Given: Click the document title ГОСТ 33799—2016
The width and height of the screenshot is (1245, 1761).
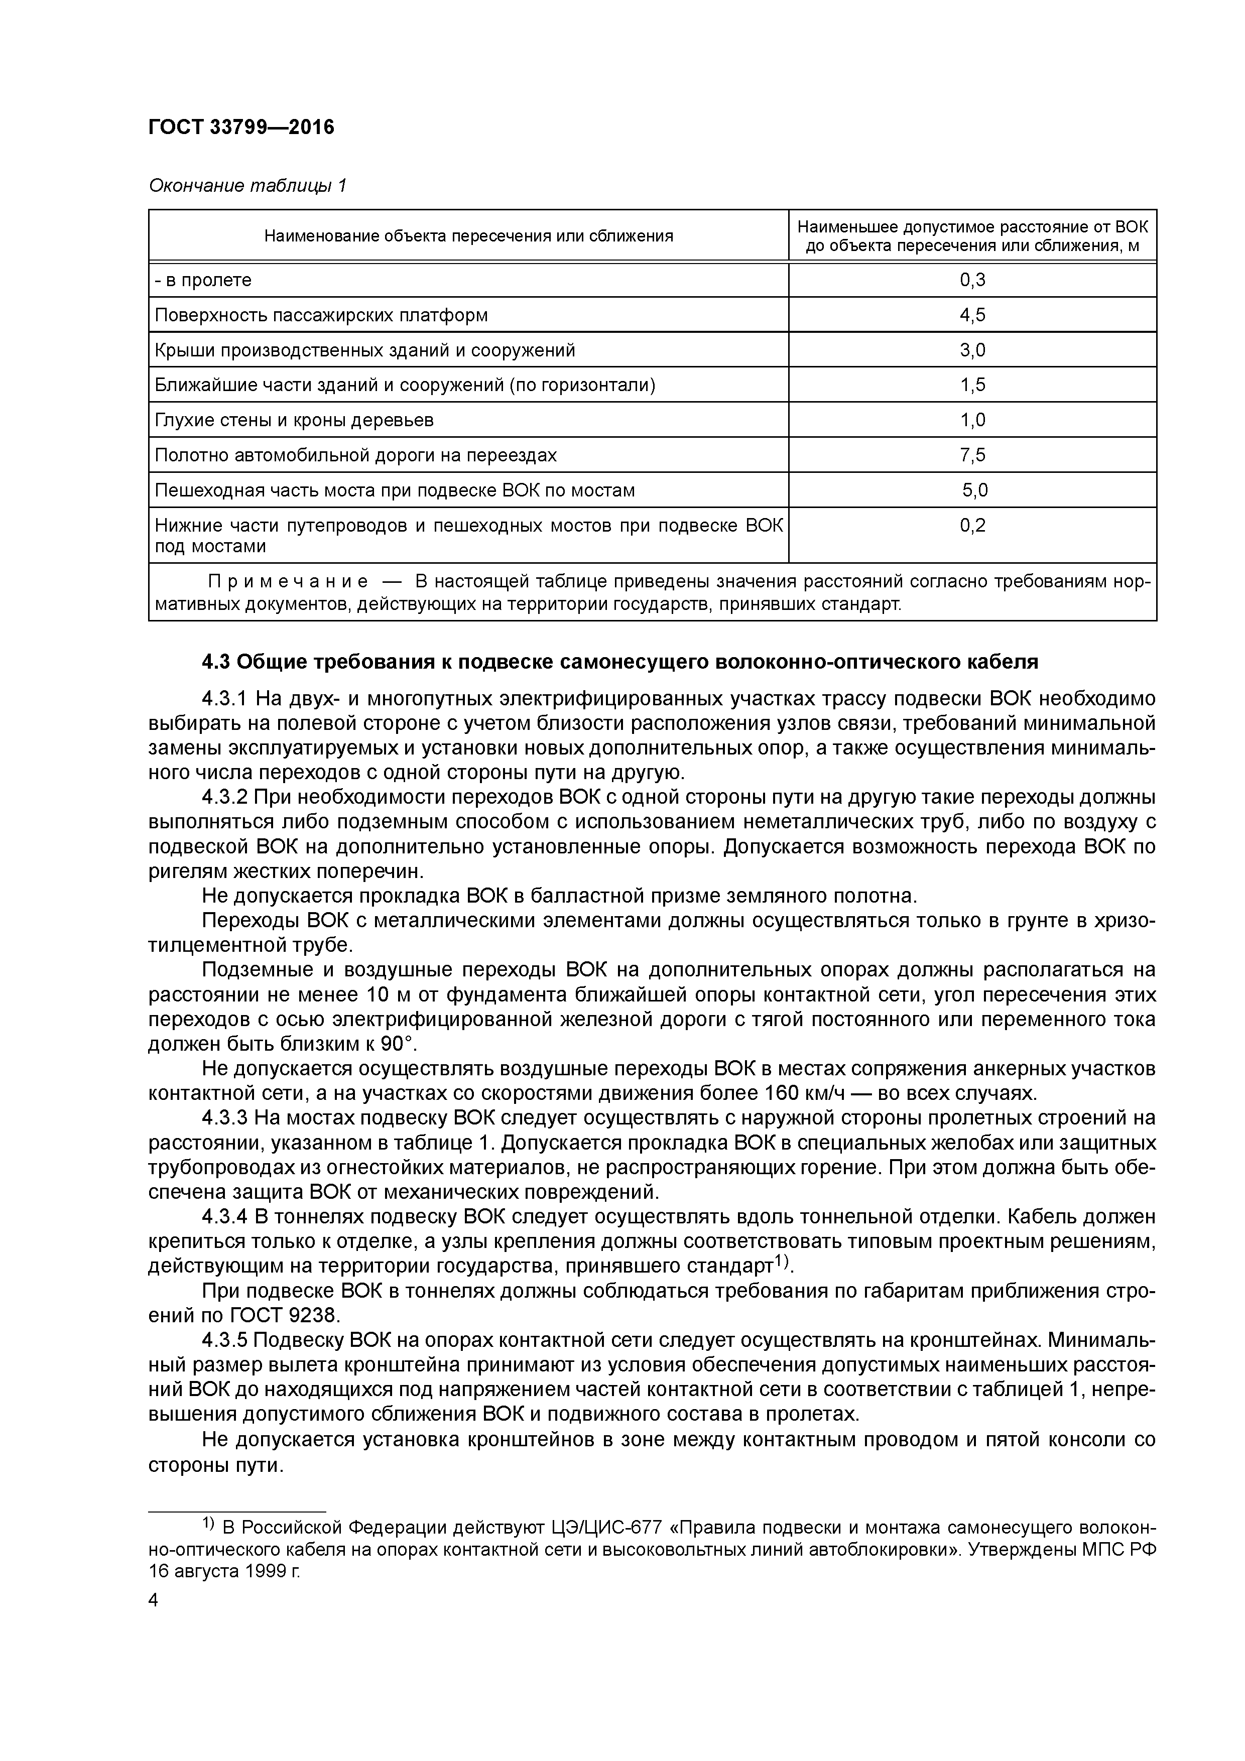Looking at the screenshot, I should [241, 128].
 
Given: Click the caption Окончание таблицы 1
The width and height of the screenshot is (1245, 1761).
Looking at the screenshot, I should [247, 186].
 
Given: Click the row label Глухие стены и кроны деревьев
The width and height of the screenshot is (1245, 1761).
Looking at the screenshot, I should [294, 420].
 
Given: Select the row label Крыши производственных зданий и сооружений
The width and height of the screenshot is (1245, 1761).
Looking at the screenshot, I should [364, 350].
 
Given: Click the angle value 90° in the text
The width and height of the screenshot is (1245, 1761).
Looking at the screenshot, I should [397, 1044].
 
